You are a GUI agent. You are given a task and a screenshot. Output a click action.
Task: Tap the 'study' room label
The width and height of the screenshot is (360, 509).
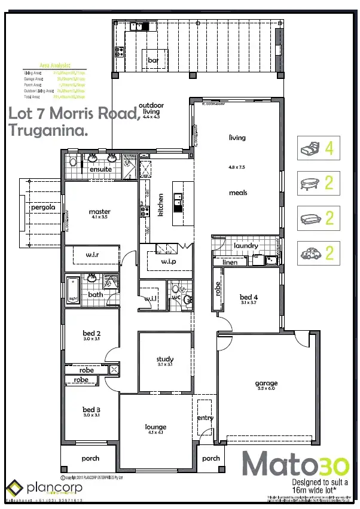pos(165,359)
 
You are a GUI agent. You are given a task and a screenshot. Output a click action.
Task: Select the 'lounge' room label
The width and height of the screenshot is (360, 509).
pos(155,427)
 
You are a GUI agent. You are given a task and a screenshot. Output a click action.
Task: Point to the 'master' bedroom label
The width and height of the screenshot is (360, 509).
pos(99,211)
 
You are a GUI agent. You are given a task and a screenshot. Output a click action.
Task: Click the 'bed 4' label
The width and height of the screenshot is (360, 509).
pos(248,297)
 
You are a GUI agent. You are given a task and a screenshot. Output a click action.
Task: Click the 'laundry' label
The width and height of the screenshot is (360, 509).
pos(245,245)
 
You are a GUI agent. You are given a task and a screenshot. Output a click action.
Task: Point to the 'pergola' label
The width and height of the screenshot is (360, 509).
pos(44,207)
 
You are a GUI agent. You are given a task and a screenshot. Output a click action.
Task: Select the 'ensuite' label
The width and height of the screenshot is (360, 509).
pos(100,169)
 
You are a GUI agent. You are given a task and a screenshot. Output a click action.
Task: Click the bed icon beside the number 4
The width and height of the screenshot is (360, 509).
pos(311,148)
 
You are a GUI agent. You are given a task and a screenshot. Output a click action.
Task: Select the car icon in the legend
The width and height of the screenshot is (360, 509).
pos(311,254)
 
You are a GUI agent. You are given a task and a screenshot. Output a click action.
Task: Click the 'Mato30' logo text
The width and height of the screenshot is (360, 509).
pos(291,464)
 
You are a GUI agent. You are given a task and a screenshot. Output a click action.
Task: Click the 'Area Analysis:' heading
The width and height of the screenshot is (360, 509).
pos(54,65)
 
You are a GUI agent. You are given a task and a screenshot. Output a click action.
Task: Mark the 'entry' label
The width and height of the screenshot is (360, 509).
pos(205,417)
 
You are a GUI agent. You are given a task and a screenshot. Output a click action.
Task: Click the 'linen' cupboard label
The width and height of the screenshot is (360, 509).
pos(230,262)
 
